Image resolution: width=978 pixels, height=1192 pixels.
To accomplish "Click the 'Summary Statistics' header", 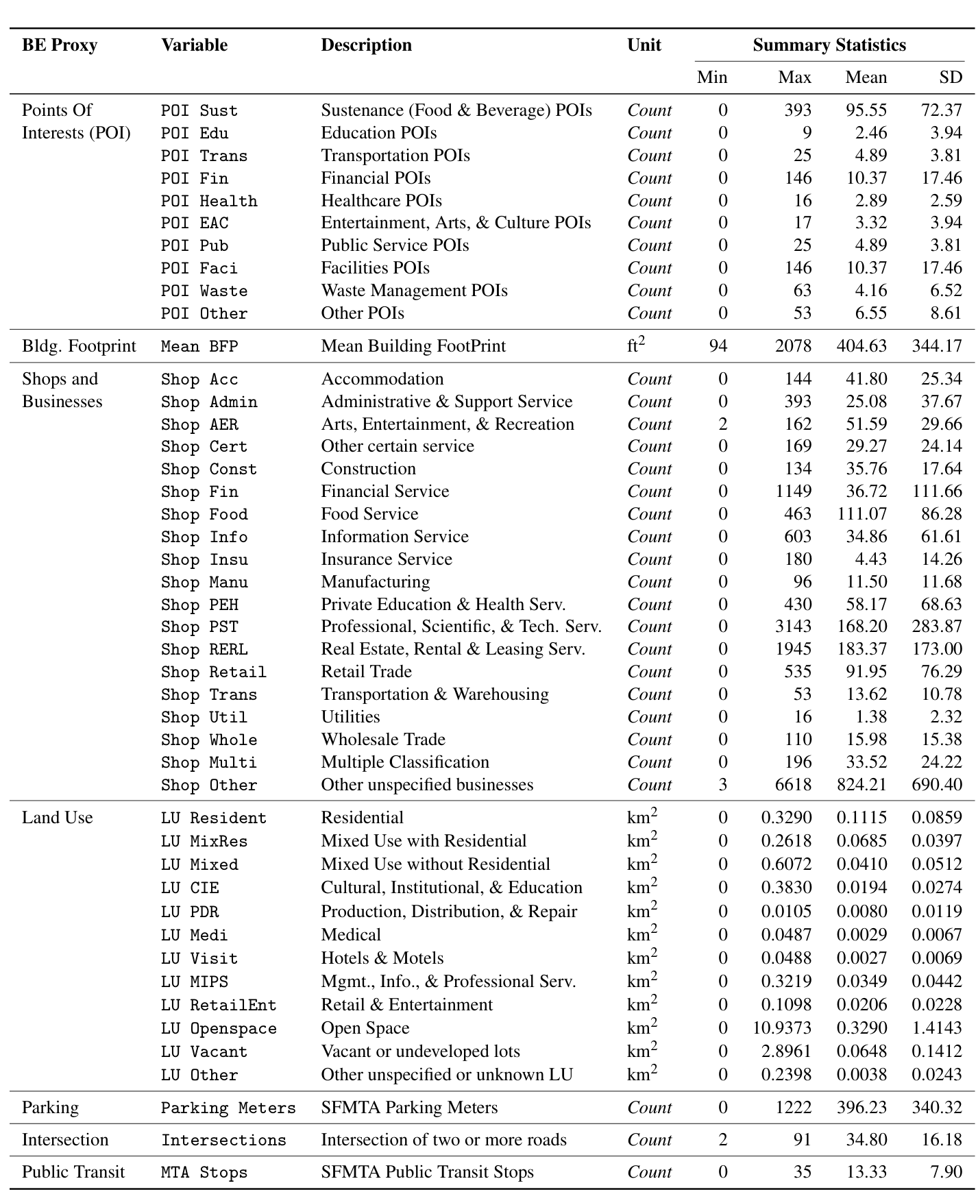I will pyautogui.click(x=829, y=45).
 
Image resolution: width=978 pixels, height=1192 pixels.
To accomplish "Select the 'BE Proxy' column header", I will pyautogui.click(x=60, y=45).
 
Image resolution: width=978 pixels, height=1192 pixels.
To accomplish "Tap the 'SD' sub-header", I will pyautogui.click(x=951, y=77).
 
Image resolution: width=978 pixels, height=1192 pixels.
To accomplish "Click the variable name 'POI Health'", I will pyautogui.click(x=209, y=201).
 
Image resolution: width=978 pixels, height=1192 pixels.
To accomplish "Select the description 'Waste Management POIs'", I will pyautogui.click(x=414, y=291).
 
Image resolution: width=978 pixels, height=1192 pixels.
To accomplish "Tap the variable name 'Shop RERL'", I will pyautogui.click(x=204, y=649).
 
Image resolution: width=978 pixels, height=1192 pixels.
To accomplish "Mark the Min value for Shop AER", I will pyautogui.click(x=722, y=424).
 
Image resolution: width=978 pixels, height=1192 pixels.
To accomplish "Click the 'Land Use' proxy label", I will pyautogui.click(x=57, y=818).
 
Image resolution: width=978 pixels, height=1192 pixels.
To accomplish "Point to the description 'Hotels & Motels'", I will pyautogui.click(x=382, y=958).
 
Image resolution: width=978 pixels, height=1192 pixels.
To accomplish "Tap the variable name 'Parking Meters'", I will pyautogui.click(x=228, y=1108).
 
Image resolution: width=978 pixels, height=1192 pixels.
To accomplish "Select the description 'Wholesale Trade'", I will pyautogui.click(x=383, y=740).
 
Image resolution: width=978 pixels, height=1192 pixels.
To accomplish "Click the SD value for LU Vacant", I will pyautogui.click(x=937, y=1051).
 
